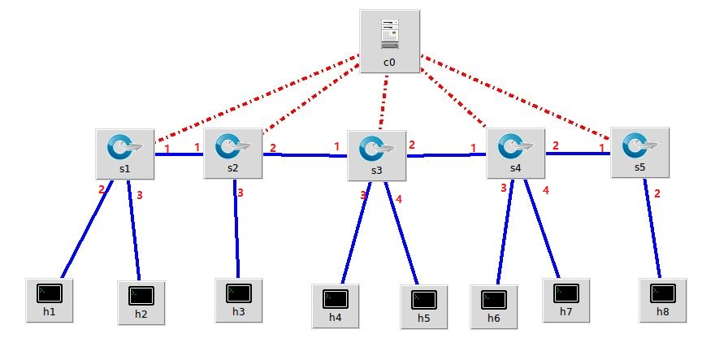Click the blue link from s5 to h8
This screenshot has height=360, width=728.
(x=652, y=228)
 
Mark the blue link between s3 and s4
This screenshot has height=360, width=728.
(x=447, y=154)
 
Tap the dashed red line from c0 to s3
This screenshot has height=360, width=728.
(x=383, y=102)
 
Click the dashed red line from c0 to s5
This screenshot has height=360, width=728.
(x=520, y=98)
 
